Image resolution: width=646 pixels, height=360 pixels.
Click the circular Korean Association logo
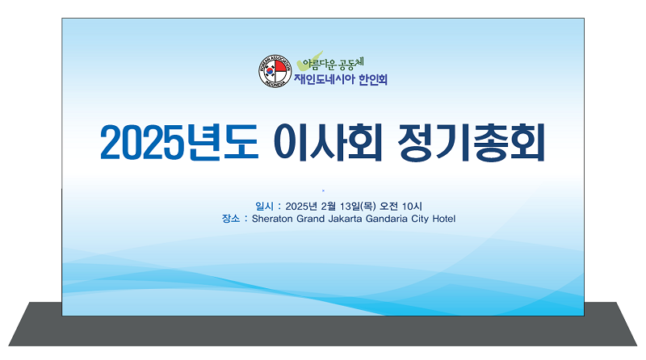[275, 71]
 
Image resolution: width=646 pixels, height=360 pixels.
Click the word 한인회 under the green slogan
[373, 80]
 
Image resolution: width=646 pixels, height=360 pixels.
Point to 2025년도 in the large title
[179, 143]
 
